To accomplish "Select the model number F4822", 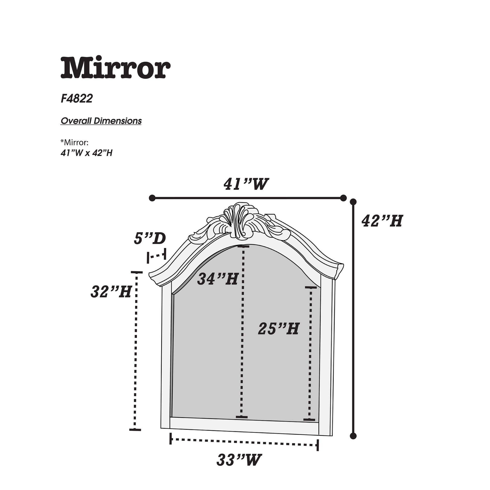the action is tap(77, 99).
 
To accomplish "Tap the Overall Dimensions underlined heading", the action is tap(101, 121).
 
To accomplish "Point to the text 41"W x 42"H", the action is tap(86, 153).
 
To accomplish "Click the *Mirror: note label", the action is tap(74, 143).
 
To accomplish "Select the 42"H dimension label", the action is tap(382, 221).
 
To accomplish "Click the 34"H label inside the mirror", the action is tap(218, 279).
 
